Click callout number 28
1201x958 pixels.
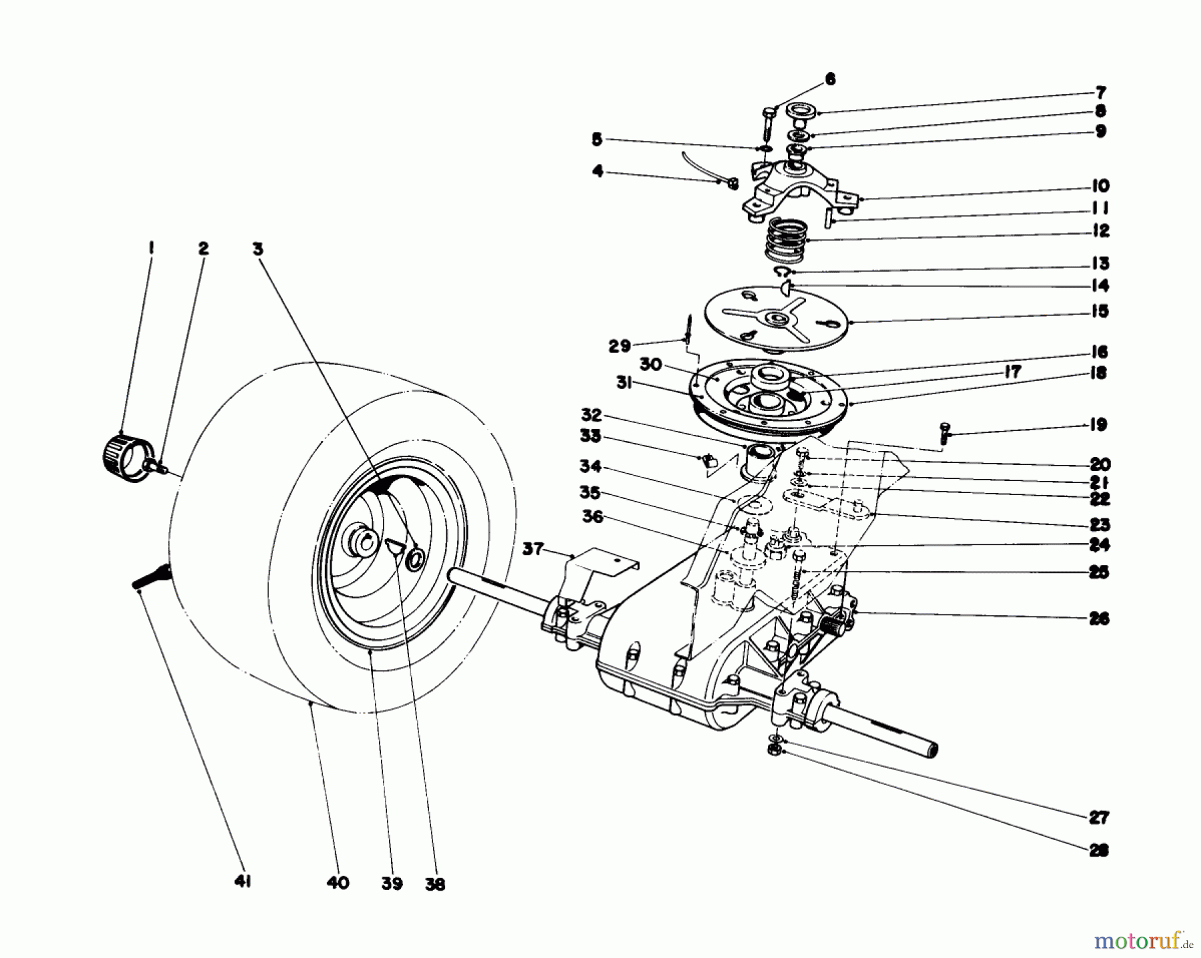[1099, 851]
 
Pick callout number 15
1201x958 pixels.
[1100, 312]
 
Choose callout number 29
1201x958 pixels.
[619, 346]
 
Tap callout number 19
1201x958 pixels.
[1100, 425]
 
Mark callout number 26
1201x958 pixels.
[1100, 619]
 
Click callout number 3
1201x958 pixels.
[258, 249]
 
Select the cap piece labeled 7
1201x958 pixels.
[799, 111]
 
